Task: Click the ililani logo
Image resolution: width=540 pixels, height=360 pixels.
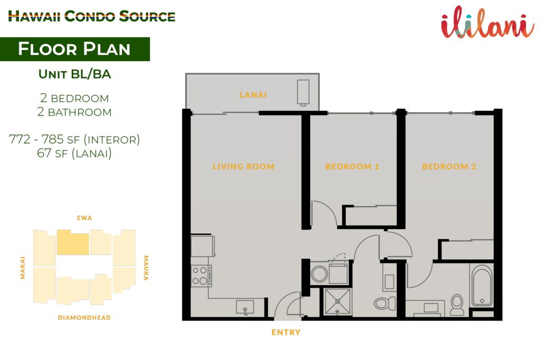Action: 488,22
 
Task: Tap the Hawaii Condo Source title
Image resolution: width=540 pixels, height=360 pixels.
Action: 92,16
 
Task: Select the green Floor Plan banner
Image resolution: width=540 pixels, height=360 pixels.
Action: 75,49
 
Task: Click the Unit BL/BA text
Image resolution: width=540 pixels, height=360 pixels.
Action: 75,74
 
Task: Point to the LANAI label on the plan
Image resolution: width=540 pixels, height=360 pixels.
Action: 253,95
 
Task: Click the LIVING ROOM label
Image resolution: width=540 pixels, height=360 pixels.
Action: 244,167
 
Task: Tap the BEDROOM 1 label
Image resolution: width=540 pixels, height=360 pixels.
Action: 352,167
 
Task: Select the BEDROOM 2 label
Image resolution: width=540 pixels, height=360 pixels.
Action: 449,167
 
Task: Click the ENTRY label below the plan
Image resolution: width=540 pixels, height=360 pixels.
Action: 286,332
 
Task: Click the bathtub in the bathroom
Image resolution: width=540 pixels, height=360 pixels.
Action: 482,285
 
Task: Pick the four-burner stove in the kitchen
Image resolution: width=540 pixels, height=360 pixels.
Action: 201,276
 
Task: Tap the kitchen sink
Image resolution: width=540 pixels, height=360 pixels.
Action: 245,307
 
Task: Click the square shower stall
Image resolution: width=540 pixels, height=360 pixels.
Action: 337,301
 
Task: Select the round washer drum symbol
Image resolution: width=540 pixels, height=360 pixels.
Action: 319,274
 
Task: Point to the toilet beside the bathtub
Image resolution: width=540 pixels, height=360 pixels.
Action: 457,305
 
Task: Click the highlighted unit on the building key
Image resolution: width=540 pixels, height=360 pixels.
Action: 73,242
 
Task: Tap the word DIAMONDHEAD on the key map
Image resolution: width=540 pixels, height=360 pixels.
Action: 84,318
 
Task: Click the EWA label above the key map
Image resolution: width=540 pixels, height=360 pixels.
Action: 84,218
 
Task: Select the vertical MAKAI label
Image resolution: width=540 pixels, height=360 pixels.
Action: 22,268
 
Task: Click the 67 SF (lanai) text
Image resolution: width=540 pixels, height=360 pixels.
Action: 74,153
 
